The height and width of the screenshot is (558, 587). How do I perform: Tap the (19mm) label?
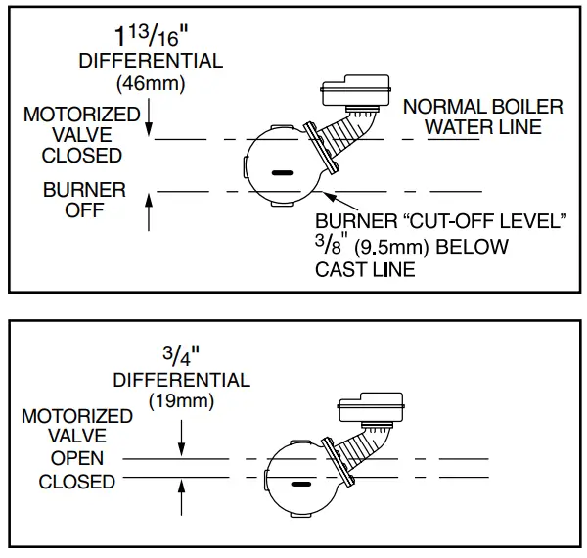click(x=182, y=399)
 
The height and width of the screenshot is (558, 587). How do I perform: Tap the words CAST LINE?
click(x=365, y=269)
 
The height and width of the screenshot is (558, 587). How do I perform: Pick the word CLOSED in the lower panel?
click(x=77, y=482)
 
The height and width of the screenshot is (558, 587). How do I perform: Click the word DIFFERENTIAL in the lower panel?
click(x=181, y=379)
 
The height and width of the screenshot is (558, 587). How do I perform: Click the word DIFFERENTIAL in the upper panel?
click(x=150, y=61)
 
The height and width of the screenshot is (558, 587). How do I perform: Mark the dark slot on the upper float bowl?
click(x=283, y=172)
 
